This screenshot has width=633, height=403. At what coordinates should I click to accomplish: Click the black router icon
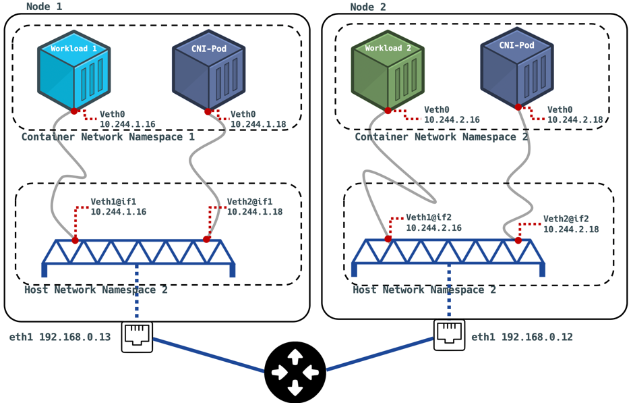click(x=295, y=372)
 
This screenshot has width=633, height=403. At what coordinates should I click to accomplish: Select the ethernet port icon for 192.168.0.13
click(x=138, y=336)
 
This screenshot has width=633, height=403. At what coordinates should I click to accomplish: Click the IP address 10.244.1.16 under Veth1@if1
click(x=119, y=212)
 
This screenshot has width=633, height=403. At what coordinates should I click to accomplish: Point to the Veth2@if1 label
click(x=249, y=201)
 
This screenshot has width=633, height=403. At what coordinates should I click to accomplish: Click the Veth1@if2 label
click(x=429, y=218)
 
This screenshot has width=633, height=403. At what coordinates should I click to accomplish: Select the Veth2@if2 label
click(x=566, y=219)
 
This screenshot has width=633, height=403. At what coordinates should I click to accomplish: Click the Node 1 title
click(x=44, y=7)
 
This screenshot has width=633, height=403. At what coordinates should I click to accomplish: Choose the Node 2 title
click(x=368, y=7)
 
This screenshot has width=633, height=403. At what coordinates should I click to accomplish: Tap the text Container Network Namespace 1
click(x=108, y=137)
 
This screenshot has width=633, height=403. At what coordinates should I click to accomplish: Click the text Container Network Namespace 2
click(x=442, y=137)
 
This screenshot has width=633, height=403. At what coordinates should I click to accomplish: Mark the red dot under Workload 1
click(x=74, y=111)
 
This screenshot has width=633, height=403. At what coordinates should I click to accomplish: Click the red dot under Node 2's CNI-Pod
click(x=518, y=107)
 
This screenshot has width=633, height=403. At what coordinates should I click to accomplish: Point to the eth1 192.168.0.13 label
click(x=60, y=337)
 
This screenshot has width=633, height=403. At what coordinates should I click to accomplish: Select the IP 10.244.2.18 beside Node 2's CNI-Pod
click(x=575, y=119)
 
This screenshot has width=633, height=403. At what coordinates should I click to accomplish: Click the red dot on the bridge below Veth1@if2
click(x=388, y=239)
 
